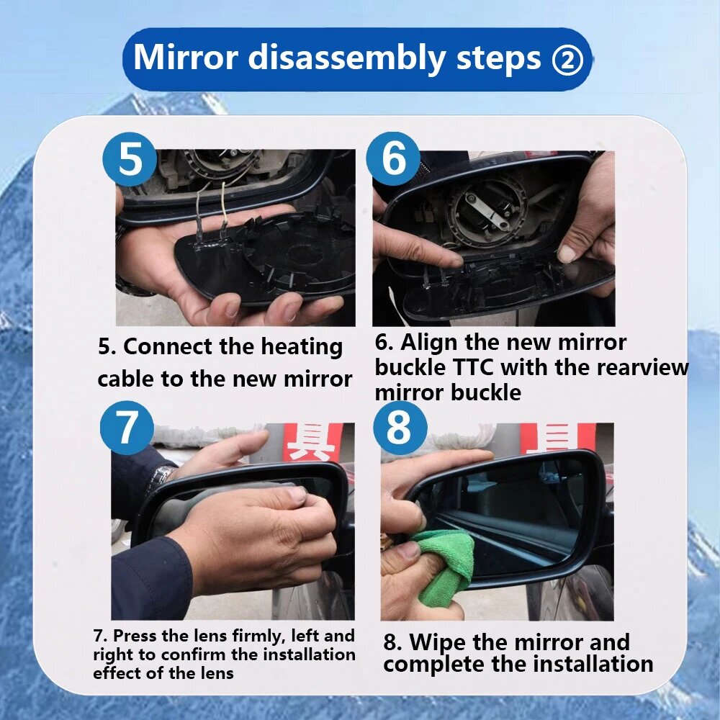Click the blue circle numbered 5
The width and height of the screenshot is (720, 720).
(130, 159)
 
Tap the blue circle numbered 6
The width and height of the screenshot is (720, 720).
(394, 158)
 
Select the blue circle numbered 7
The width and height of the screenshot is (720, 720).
(127, 428)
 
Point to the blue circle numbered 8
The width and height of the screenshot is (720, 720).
(400, 428)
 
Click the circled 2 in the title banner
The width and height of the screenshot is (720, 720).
(567, 60)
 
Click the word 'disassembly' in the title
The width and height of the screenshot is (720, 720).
(347, 58)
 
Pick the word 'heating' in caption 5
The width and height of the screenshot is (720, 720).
(302, 348)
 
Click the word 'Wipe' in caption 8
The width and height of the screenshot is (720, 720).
(437, 642)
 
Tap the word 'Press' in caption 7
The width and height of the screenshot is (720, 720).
(134, 636)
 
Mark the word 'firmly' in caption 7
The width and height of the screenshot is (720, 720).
(256, 636)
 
